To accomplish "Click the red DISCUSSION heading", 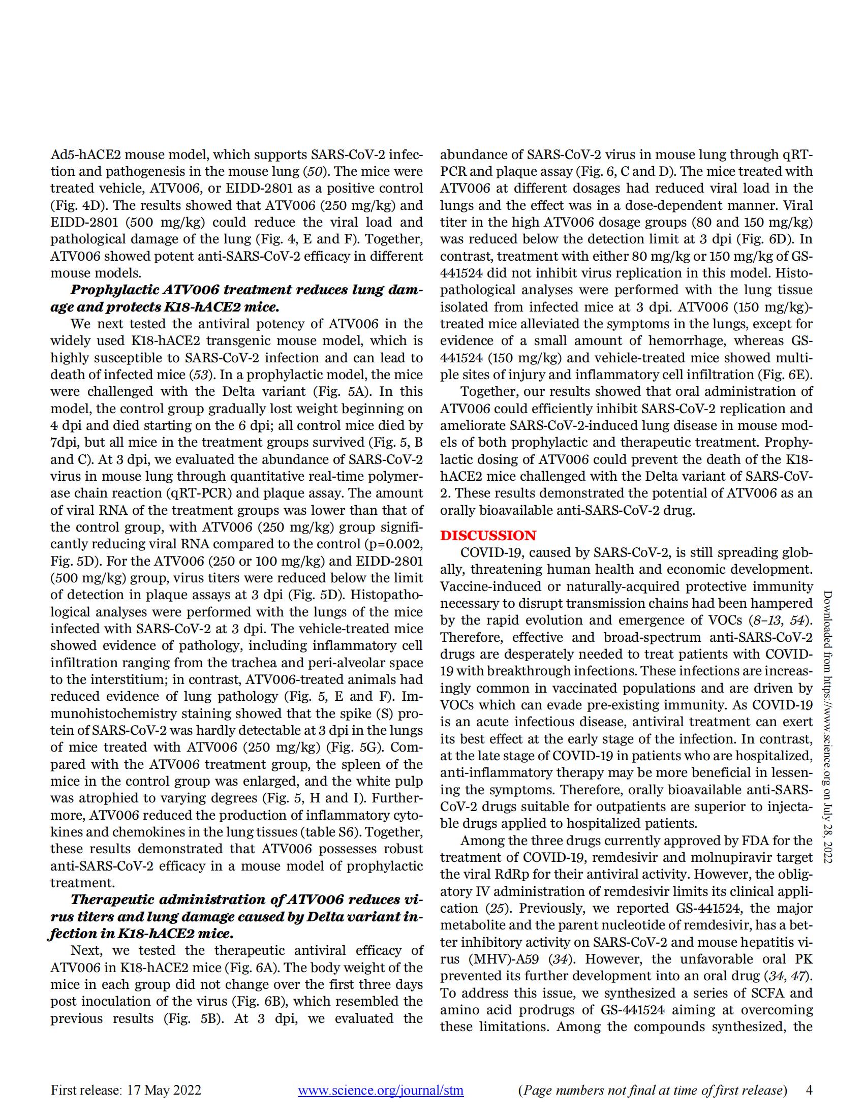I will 488,536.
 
